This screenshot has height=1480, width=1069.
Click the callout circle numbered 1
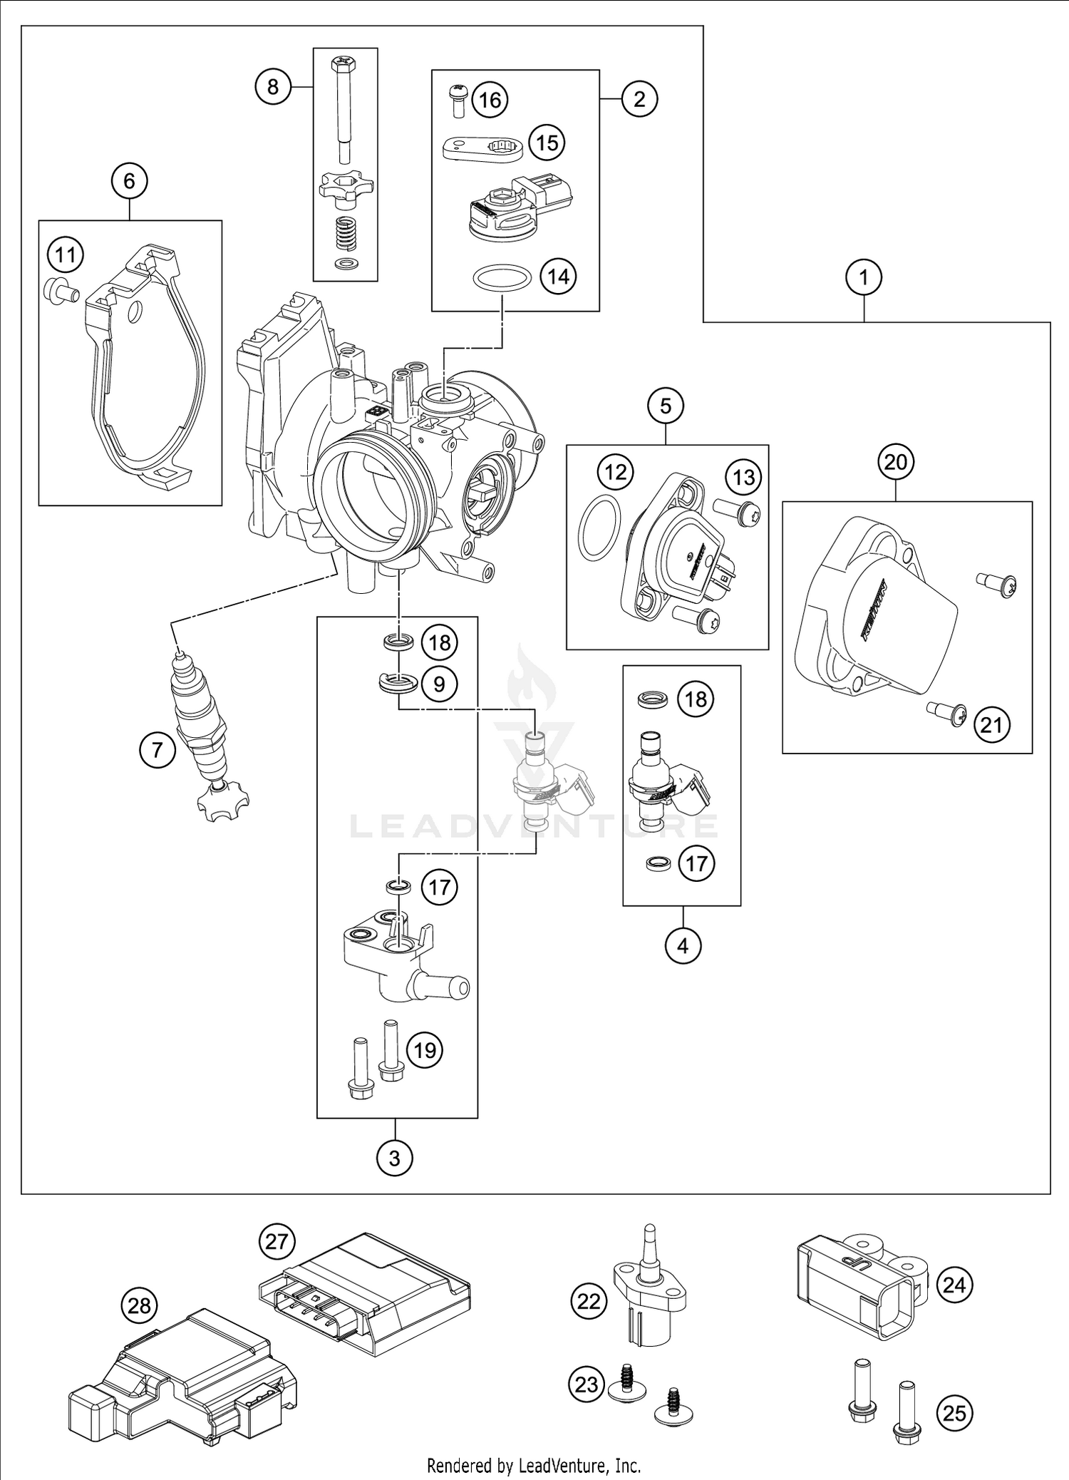click(864, 277)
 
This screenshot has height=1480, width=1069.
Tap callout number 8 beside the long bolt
click(273, 87)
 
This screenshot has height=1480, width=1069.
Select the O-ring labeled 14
click(502, 277)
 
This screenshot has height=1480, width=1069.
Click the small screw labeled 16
click(458, 101)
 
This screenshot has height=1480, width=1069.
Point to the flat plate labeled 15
click(482, 148)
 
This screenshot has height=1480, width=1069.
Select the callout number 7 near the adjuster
click(157, 749)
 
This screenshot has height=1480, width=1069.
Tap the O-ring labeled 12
click(599, 528)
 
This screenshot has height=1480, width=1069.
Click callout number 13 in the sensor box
click(744, 477)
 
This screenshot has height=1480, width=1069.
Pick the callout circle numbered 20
click(895, 462)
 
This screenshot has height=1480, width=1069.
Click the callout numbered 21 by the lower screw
click(991, 725)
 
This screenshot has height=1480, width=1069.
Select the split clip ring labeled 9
click(398, 682)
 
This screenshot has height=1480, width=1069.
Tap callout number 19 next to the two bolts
click(425, 1049)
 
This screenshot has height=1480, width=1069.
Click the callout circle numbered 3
click(395, 1158)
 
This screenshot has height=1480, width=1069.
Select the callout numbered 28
click(139, 1305)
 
